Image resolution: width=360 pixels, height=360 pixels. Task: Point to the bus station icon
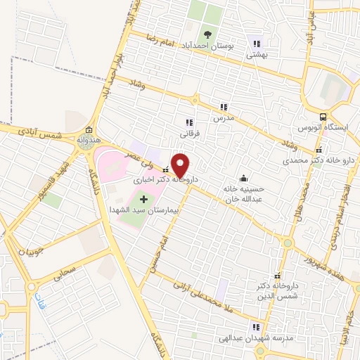click(x=323, y=117)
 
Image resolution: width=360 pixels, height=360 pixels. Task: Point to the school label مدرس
click(x=224, y=119)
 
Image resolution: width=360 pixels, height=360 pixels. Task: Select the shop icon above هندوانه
click(x=89, y=131)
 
